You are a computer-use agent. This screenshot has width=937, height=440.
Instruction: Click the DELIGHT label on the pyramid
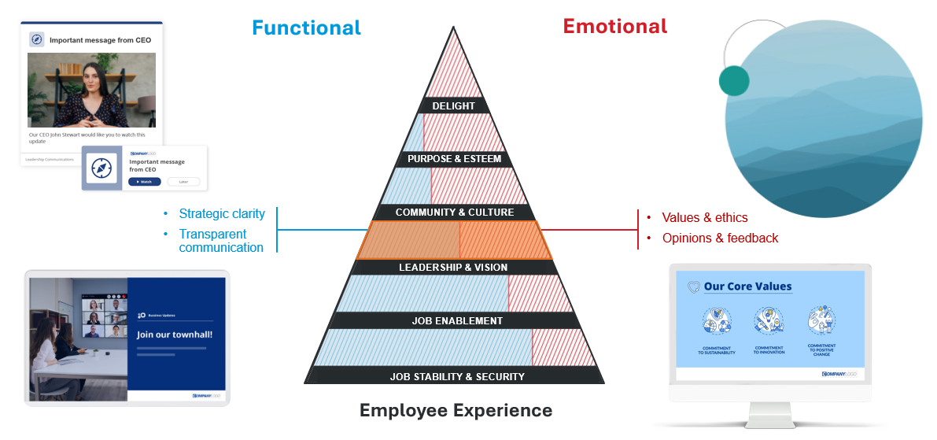click(x=454, y=105)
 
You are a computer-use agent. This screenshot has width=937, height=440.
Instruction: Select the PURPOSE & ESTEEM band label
click(x=454, y=159)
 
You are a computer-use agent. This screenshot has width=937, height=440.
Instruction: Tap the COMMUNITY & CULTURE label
click(x=454, y=213)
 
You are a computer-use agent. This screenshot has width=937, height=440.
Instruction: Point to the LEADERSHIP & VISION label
click(x=453, y=267)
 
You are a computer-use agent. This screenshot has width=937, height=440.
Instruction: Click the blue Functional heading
click(x=306, y=28)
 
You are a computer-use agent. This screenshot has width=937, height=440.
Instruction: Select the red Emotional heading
click(x=614, y=26)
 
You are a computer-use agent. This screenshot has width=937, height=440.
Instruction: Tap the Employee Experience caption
click(x=456, y=410)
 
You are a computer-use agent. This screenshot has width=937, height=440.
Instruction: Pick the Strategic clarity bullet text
click(x=222, y=214)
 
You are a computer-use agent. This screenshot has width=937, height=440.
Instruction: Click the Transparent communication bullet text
click(x=220, y=241)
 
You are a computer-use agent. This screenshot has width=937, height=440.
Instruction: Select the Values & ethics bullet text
click(x=704, y=218)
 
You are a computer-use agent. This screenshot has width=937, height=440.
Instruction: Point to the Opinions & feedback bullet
click(x=720, y=238)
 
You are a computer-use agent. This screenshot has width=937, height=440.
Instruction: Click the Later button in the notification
click(x=183, y=182)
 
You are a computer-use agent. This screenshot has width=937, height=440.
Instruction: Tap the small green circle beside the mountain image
click(x=733, y=80)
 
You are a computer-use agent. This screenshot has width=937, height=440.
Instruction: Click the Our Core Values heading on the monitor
click(x=747, y=287)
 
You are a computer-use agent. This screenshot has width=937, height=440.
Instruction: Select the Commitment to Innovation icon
click(x=769, y=321)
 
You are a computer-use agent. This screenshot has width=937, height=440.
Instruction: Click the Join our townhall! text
click(x=175, y=335)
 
